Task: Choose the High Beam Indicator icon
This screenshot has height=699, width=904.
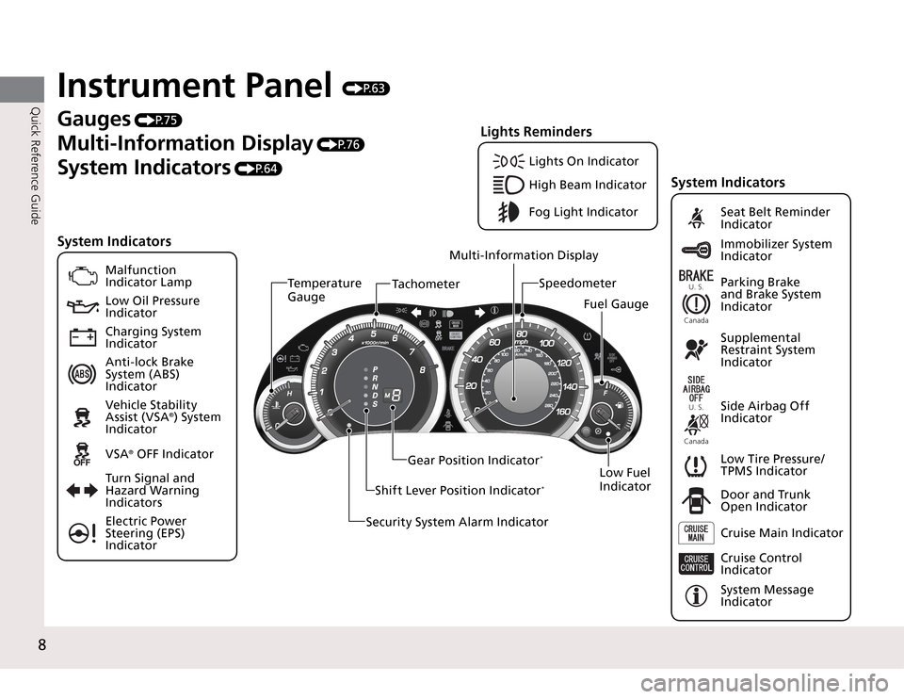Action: (510, 185)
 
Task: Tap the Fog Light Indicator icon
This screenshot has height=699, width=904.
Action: (510, 212)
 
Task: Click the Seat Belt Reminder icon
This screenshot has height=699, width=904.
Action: (697, 219)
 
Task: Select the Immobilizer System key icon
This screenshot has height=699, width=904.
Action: (697, 251)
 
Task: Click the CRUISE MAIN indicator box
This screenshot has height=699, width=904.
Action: (697, 533)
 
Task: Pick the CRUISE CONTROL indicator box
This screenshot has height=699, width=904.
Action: (697, 564)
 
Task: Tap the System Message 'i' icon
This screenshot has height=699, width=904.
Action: (697, 596)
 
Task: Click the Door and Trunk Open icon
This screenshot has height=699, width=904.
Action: (697, 501)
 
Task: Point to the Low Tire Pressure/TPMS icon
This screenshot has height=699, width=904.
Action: (697, 465)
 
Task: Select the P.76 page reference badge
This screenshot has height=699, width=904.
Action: (341, 144)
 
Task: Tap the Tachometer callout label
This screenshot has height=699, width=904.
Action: (426, 284)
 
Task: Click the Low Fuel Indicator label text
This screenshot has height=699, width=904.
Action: (624, 480)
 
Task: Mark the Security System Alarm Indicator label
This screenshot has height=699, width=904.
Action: (457, 522)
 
